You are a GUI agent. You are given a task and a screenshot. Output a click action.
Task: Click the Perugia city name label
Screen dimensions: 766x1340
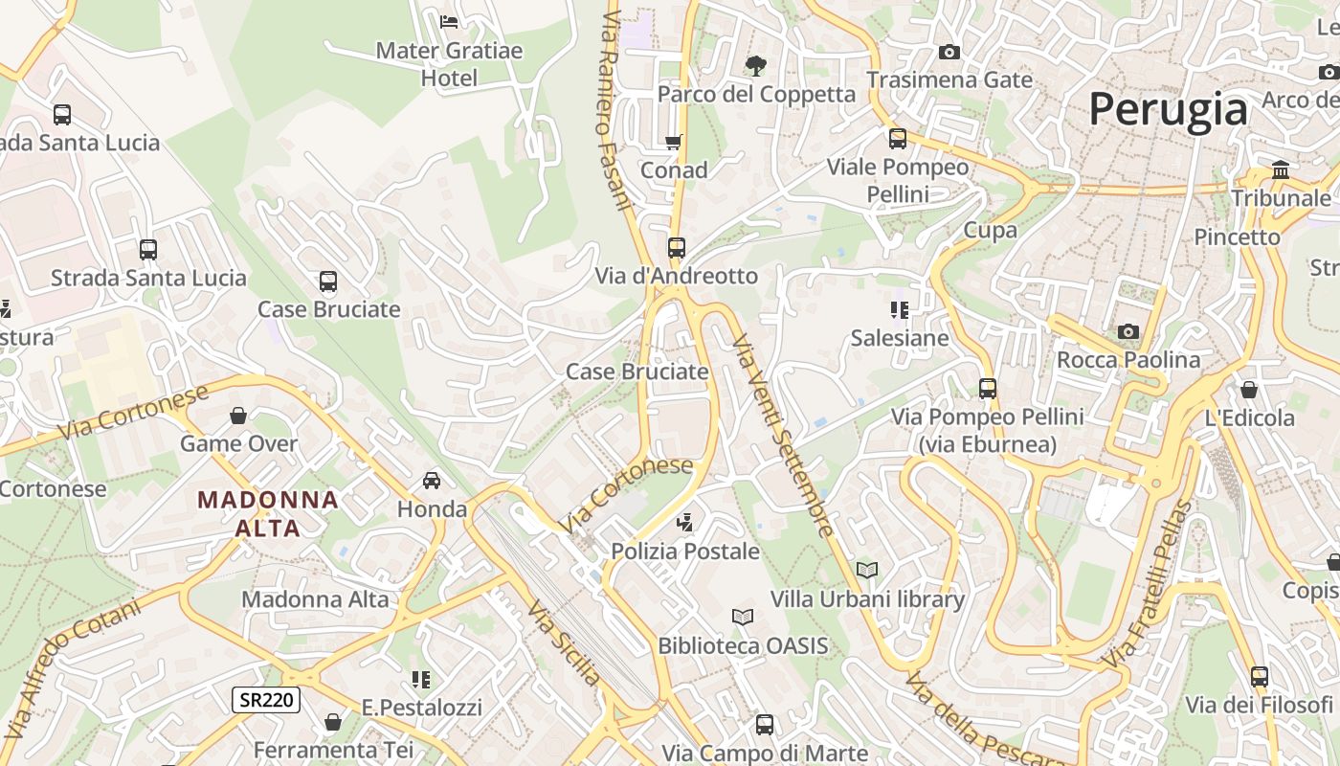click(1168, 109)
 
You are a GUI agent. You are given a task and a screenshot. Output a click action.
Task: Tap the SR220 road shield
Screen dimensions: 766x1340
click(266, 700)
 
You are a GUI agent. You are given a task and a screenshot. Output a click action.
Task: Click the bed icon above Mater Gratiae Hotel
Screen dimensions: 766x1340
click(449, 21)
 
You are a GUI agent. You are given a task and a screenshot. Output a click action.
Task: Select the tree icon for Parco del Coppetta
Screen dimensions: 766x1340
click(756, 65)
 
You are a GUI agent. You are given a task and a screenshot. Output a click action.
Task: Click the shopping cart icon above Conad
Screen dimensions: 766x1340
click(674, 142)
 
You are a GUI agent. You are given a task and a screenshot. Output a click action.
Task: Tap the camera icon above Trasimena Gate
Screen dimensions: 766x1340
click(949, 52)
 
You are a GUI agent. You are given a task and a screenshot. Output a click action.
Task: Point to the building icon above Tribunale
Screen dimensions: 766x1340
click(1281, 170)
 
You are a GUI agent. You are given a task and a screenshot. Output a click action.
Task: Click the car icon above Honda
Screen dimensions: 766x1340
click(432, 481)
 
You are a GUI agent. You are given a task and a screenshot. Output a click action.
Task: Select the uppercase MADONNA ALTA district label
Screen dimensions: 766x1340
click(268, 513)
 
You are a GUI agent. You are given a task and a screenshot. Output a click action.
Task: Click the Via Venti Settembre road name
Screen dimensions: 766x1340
click(782, 436)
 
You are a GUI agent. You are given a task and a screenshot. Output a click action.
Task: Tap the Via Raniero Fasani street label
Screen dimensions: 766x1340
click(617, 110)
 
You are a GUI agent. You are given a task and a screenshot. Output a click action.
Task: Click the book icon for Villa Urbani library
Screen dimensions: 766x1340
click(867, 571)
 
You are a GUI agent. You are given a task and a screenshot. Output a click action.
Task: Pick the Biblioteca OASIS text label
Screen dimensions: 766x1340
click(743, 646)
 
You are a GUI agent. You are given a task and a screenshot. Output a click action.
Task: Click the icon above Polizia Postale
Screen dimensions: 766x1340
click(684, 523)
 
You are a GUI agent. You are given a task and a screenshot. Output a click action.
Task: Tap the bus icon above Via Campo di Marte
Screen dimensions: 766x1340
click(764, 725)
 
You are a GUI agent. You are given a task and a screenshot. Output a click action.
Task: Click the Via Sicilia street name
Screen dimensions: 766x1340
click(564, 643)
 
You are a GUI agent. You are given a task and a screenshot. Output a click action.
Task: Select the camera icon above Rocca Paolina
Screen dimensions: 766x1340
click(1128, 331)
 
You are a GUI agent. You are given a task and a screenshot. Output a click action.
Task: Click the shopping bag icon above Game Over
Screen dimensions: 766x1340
click(238, 416)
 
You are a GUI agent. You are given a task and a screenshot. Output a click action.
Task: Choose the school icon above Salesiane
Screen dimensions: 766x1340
click(900, 309)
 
